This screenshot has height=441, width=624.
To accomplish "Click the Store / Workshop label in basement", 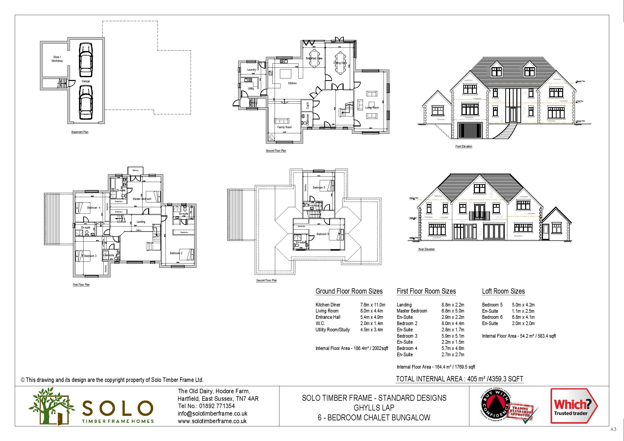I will tap(57, 59).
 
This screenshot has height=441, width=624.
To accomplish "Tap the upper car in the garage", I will tap(86, 60).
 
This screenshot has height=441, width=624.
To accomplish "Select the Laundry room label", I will tap(252, 70).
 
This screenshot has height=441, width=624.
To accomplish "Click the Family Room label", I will tap(284, 127).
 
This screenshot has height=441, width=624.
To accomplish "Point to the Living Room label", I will tap(372, 108).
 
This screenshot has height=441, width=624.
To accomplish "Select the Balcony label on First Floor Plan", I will tap(135, 170).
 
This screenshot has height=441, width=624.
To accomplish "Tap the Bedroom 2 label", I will tap(176, 253).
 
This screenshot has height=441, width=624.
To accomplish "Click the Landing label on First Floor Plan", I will tap(141, 222).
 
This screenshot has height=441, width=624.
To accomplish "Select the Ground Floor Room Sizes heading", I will tap(349, 291).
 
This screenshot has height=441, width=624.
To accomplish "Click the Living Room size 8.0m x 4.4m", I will tap(371, 311).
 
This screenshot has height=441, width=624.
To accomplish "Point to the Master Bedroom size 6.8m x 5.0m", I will tap(453, 311).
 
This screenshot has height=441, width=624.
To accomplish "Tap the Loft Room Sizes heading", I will tap(503, 291).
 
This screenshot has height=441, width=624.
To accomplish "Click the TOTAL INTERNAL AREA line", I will tap(460, 379).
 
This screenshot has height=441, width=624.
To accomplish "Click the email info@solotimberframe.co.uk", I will tap(213, 414).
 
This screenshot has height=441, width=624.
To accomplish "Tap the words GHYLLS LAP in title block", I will tap(374, 408).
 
